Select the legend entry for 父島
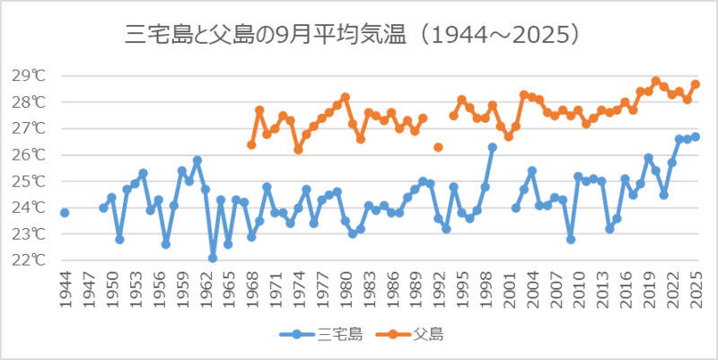click(x=415, y=335)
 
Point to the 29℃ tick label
click(x=30, y=75)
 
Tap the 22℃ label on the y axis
click(x=30, y=260)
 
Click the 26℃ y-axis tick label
click(x=30, y=154)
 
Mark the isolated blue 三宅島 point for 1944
click(x=65, y=213)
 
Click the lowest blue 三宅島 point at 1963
click(x=213, y=258)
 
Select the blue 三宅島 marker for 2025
click(x=696, y=136)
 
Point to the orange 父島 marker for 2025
click(x=696, y=84)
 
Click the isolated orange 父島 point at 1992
click(x=438, y=147)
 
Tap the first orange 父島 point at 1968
click(x=251, y=145)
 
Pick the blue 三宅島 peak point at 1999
click(x=493, y=147)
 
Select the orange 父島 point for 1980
click(x=345, y=97)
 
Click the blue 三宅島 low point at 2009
click(x=571, y=239)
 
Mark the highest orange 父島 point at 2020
click(x=656, y=81)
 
